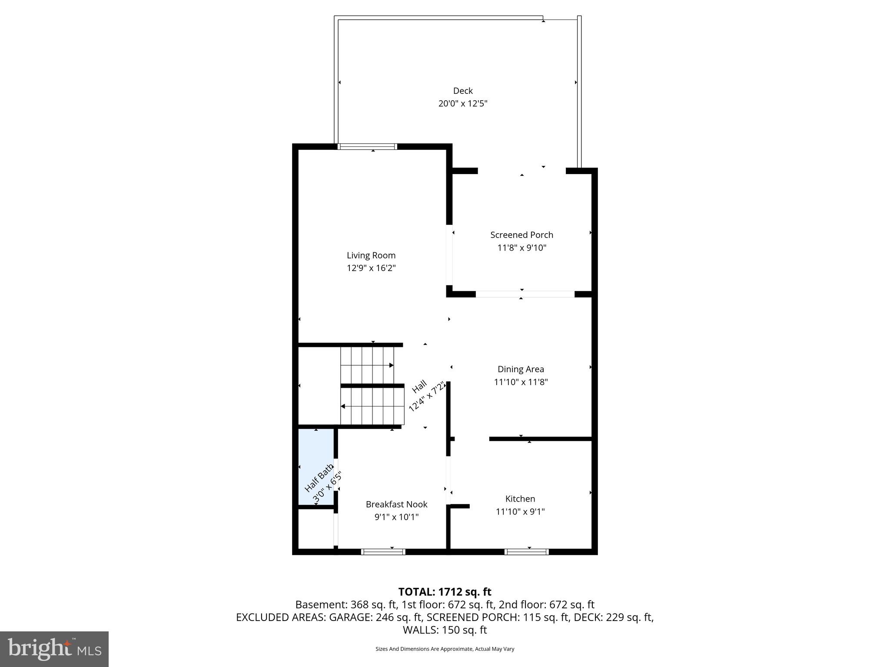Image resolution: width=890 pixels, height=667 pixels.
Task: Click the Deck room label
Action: click(462, 91)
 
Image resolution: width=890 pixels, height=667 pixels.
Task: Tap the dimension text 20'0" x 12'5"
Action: click(462, 104)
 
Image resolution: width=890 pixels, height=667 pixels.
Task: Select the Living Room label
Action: click(371, 255)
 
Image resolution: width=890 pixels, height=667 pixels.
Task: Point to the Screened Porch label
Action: click(521, 235)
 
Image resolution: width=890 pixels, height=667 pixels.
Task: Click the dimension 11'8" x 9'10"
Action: click(521, 248)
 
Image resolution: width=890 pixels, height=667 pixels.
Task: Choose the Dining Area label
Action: click(521, 369)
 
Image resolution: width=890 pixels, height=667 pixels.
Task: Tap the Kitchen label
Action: click(520, 499)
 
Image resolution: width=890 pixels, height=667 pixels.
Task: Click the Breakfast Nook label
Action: click(396, 504)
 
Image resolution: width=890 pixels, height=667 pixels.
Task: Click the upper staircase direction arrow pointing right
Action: click(391, 365)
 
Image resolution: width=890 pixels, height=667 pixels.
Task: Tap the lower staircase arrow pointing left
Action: click(343, 406)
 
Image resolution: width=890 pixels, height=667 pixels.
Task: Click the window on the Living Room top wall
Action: click(367, 146)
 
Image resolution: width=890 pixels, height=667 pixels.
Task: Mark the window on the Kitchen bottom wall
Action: click(526, 552)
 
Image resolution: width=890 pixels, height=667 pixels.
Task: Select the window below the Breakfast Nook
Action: click(383, 552)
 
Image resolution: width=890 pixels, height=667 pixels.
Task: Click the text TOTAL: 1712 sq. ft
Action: click(445, 592)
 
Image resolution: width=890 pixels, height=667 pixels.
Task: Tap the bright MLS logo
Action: click(54, 649)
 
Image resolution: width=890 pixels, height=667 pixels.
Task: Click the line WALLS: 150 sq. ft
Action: click(445, 630)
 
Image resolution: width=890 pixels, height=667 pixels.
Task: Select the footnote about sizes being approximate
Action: click(445, 649)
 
